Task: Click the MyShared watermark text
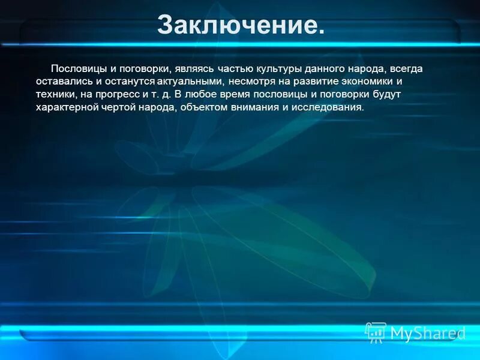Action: [x=428, y=333]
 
